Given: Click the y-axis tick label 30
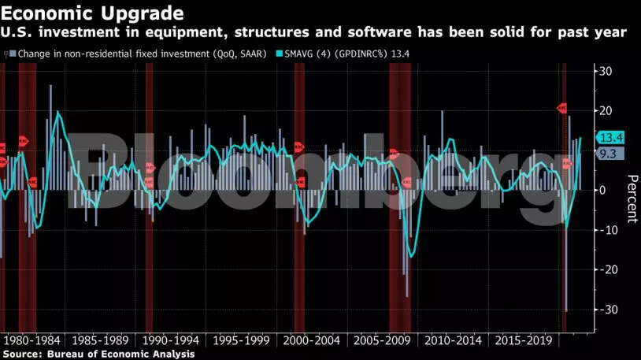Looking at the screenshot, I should tap(607, 72).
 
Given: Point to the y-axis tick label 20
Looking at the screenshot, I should tap(607, 111).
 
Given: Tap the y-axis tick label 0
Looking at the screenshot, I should tap(604, 190).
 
